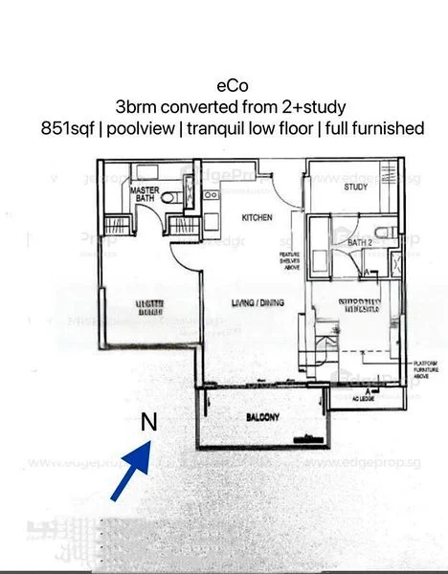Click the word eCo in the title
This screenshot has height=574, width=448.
tap(224, 85)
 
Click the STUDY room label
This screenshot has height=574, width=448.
tap(356, 188)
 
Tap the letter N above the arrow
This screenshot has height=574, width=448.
tap(148, 421)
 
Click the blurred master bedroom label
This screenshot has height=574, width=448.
tap(148, 308)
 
